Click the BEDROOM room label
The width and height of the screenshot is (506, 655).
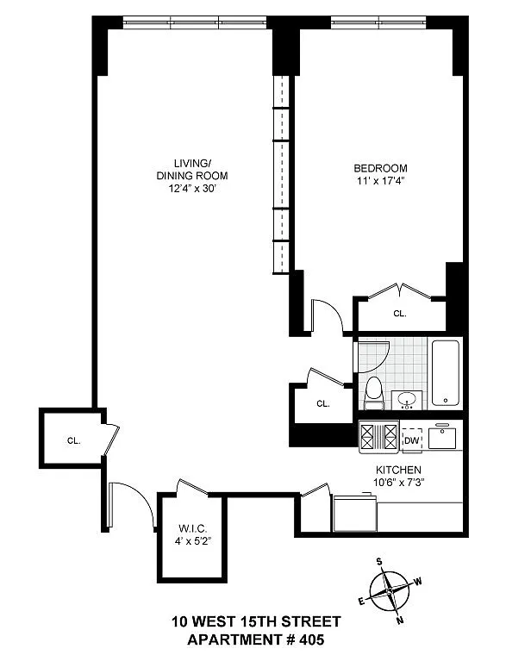point(380,168)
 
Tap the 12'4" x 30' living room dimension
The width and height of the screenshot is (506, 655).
point(191,189)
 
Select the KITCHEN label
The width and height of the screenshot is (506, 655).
point(398,470)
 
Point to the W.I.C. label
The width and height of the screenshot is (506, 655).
point(192,528)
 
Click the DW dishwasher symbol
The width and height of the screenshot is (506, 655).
point(411,440)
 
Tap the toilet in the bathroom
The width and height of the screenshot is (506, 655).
point(373,393)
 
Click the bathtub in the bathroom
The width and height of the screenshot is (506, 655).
point(446,373)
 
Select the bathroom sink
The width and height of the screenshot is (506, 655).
point(406,400)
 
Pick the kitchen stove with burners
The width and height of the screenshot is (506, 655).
point(378,437)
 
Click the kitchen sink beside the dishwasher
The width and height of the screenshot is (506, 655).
point(442,437)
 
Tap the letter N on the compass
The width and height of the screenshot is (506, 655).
point(400,621)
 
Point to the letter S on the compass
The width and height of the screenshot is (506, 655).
point(379,561)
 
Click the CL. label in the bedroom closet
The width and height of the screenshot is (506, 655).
point(400,314)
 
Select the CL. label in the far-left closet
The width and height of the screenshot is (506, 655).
point(73,440)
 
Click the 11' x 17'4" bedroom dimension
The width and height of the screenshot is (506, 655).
point(380,181)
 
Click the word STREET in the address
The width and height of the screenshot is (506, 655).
point(310,621)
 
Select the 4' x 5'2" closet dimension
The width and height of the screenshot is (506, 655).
point(192,541)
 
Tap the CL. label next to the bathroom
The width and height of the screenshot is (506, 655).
point(323,404)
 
